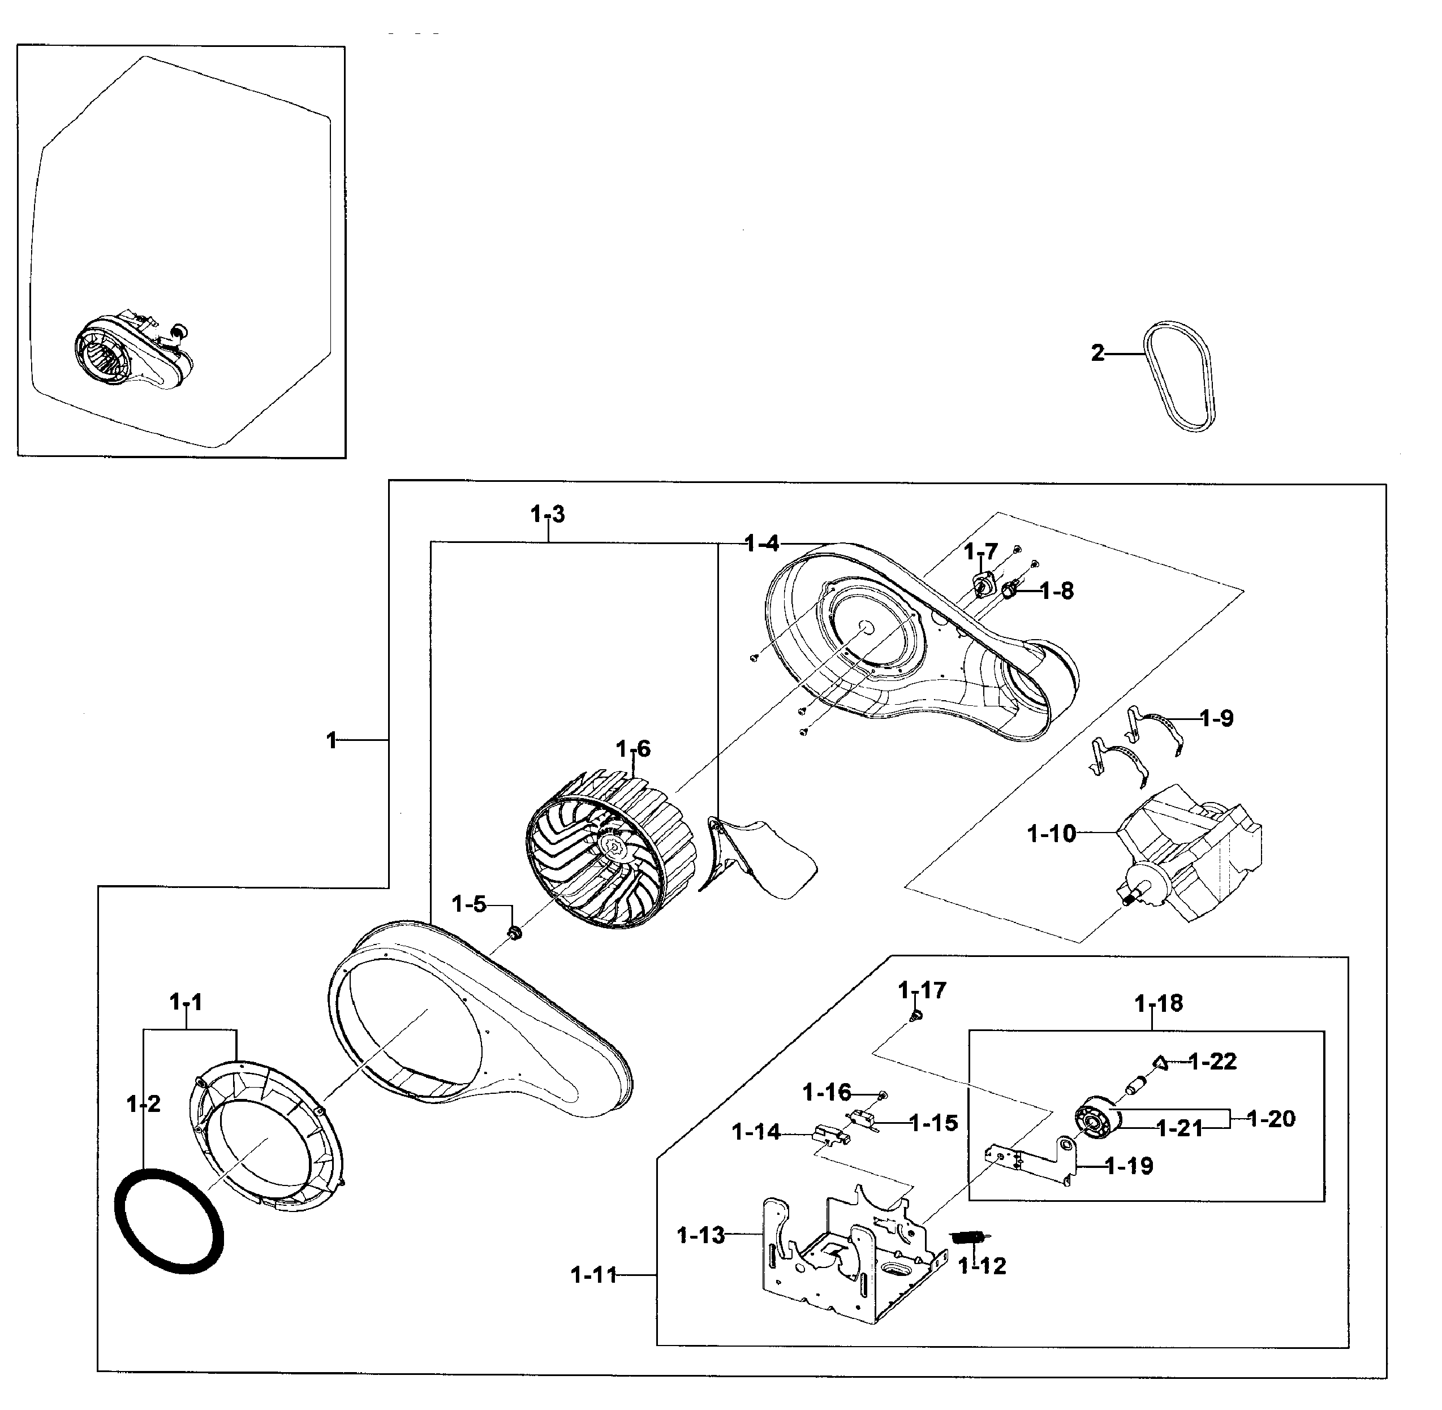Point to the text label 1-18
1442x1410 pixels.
click(x=1159, y=1003)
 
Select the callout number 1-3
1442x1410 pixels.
click(x=547, y=514)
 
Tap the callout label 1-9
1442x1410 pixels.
click(x=1216, y=718)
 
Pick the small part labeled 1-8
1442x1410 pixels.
click(x=1009, y=590)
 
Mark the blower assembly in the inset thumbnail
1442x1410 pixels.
click(x=134, y=355)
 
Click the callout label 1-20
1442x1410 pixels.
click(x=1271, y=1118)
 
